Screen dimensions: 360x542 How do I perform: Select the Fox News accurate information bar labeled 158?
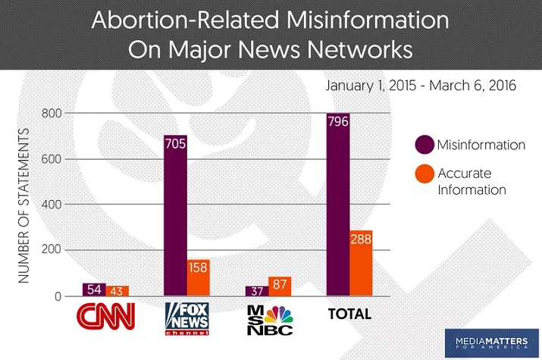click(198, 277)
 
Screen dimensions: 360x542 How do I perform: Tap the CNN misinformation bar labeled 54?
click(93, 289)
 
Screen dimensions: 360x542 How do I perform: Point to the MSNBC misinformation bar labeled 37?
click(256, 291)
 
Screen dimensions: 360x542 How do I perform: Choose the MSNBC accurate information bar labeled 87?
click(280, 286)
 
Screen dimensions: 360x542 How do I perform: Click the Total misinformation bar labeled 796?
click(338, 204)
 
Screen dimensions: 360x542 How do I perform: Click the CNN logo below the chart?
click(105, 315)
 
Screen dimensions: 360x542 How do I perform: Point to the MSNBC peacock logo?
click(269, 318)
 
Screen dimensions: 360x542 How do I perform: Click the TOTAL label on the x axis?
click(349, 314)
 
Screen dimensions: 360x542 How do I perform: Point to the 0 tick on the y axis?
click(58, 296)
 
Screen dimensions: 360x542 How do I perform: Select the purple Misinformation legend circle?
click(425, 144)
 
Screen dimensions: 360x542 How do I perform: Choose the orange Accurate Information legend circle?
click(425, 181)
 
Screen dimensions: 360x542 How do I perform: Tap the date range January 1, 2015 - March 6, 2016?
click(421, 86)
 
